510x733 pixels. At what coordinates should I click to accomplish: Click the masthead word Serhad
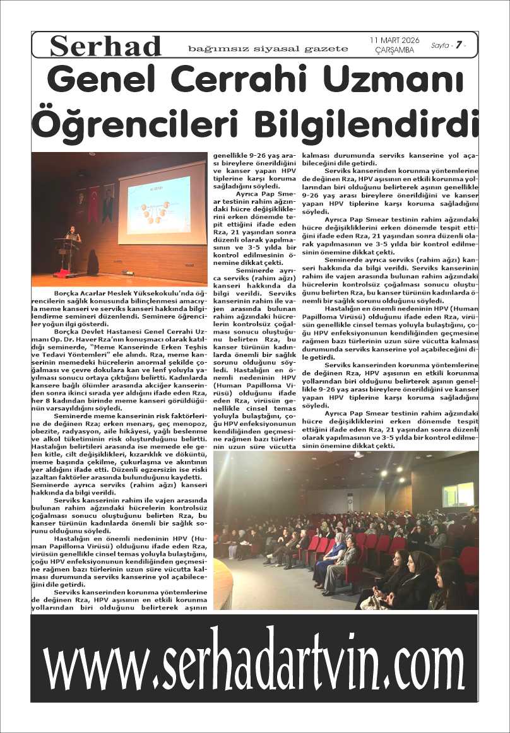coord(105,46)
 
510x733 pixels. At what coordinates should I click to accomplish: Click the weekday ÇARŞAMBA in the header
coord(394,50)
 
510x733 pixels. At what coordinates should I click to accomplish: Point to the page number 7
coord(460,45)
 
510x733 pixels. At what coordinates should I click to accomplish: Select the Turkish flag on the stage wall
coord(93,204)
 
